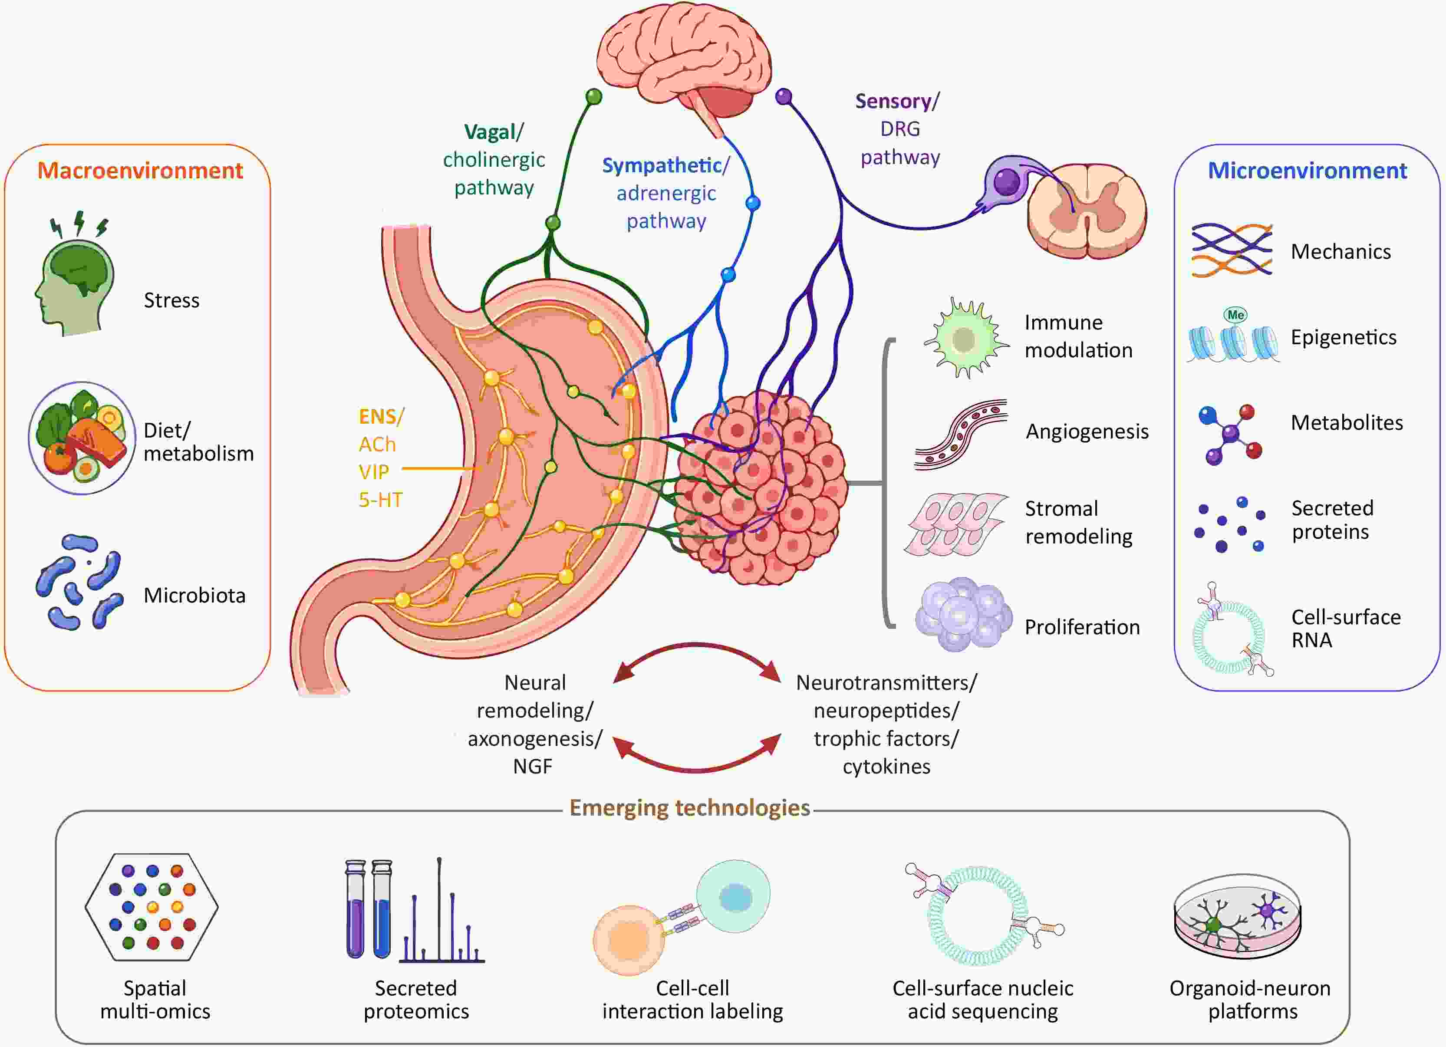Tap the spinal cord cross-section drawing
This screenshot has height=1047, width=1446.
pyautogui.click(x=1087, y=211)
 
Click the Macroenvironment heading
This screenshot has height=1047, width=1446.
pyautogui.click(x=140, y=171)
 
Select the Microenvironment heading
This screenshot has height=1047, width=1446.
pyautogui.click(x=1308, y=171)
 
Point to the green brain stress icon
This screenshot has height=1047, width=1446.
pyautogui.click(x=75, y=274)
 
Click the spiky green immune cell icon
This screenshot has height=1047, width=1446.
pyautogui.click(x=965, y=339)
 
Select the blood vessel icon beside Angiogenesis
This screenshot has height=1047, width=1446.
pyautogui.click(x=961, y=435)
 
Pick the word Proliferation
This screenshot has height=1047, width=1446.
pyautogui.click(x=1082, y=627)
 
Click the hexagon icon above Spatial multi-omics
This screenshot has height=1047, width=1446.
pyautogui.click(x=152, y=907)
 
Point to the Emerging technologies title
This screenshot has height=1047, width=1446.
pyautogui.click(x=689, y=808)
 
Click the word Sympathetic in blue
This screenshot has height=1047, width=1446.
pyautogui.click(x=662, y=166)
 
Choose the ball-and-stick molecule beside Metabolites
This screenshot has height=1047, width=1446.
pyautogui.click(x=1231, y=434)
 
